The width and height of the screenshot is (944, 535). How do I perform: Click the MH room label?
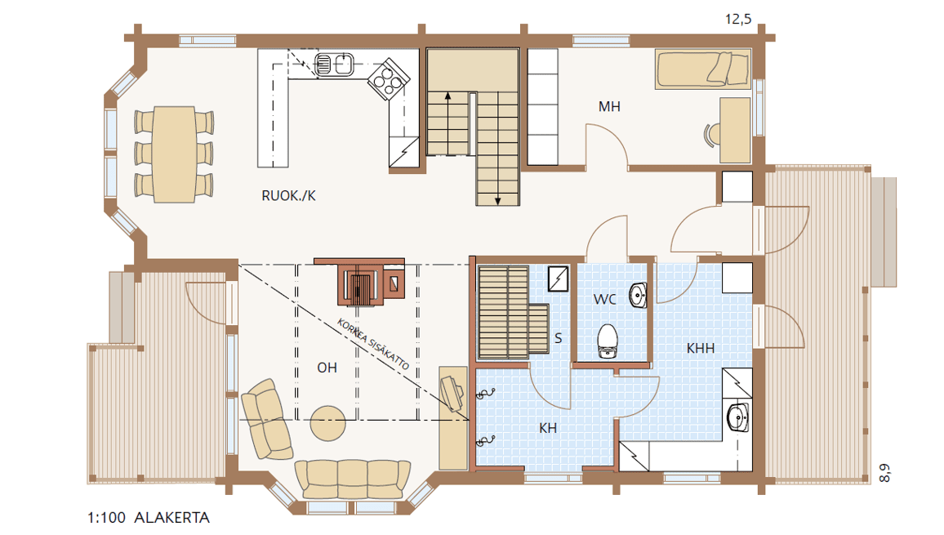tap(608, 107)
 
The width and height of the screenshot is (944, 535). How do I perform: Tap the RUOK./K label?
tap(288, 196)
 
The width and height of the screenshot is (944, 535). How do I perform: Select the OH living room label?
tap(327, 368)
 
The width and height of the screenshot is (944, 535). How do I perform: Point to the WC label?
tap(604, 299)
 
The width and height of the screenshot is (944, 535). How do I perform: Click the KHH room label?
tap(700, 348)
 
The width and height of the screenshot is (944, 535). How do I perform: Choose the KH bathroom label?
tap(548, 428)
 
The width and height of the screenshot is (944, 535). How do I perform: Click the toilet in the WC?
tap(608, 341)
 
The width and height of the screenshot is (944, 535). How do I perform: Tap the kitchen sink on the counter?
tap(334, 65)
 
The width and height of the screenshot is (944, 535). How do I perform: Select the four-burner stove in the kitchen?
tap(389, 79)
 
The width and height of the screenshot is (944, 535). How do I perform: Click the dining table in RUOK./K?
tap(174, 154)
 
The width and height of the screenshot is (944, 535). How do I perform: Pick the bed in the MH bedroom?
tap(703, 69)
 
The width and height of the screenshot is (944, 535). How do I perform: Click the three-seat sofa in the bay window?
tap(352, 479)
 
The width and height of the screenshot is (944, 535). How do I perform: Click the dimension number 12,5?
tap(738, 20)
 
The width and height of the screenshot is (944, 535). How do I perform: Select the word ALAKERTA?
tap(171, 518)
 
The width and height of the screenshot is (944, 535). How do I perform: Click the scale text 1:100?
tap(106, 518)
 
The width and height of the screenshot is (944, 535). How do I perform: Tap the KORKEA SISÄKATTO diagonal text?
tap(373, 344)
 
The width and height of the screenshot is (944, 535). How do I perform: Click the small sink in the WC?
tap(638, 295)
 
